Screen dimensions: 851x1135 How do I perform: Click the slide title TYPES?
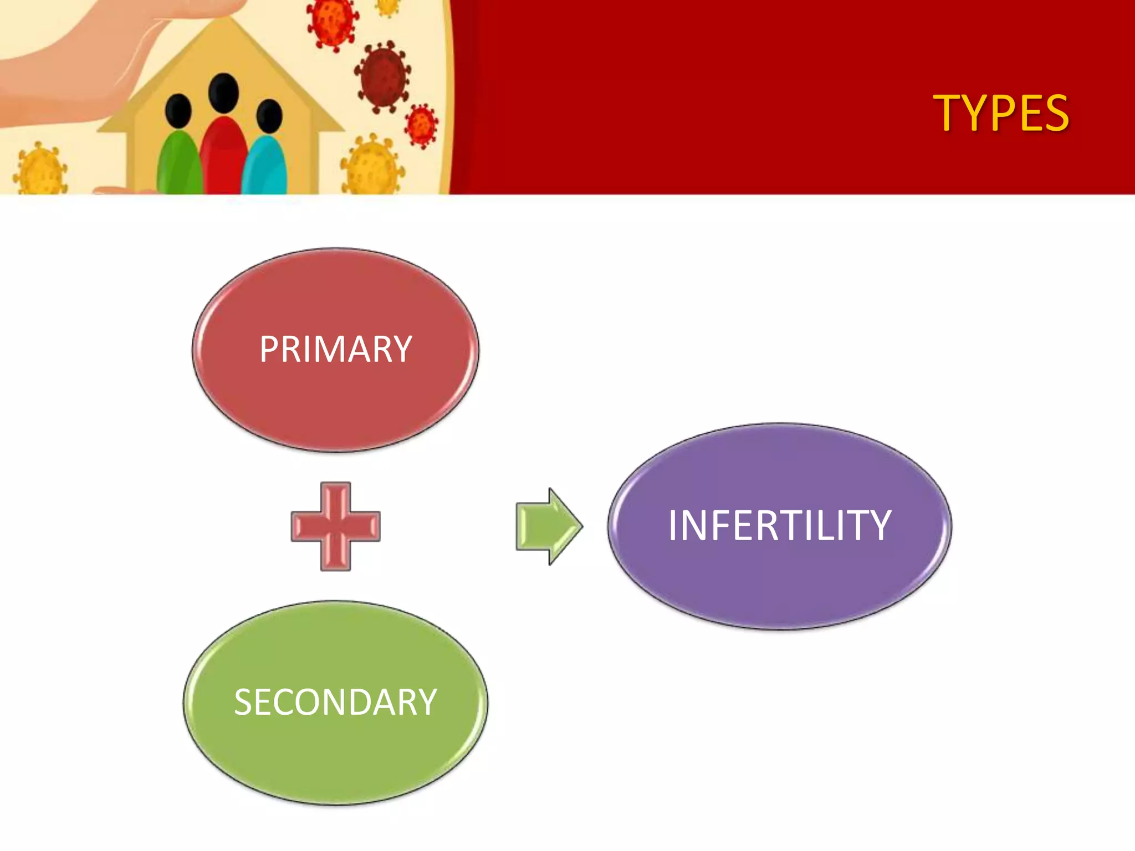point(1000,114)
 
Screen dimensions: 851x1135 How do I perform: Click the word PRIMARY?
point(335,350)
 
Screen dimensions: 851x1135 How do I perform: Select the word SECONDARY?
point(335,703)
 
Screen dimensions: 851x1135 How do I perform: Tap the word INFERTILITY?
point(779,525)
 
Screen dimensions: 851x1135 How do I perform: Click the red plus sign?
point(335,526)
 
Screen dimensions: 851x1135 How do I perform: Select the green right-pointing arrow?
point(548,526)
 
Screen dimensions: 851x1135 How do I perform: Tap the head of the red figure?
point(223,93)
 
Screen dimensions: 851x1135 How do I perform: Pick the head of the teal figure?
point(269,116)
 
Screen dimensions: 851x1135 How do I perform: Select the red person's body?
point(223,158)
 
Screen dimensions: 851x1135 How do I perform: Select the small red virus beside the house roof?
point(421,125)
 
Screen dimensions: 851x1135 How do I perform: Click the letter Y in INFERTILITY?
point(878,525)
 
